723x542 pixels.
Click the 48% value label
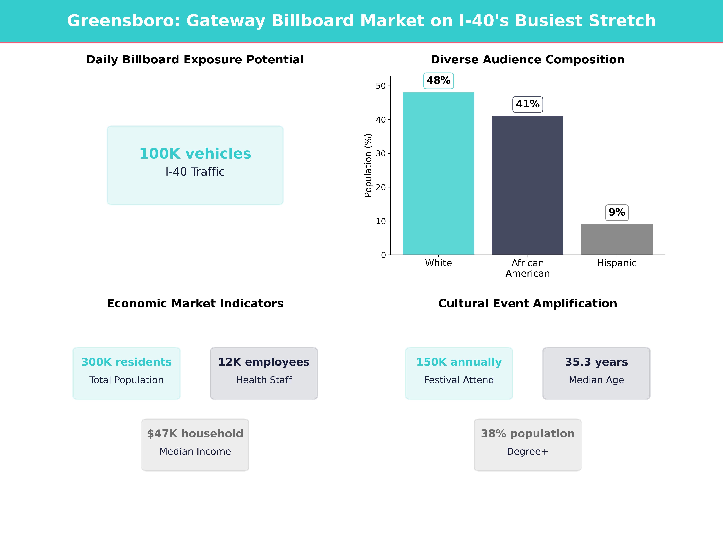438,80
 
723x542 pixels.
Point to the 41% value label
527,104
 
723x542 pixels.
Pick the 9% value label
617,212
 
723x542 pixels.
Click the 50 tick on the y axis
381,86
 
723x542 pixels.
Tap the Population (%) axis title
368,165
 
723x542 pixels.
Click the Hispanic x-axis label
617,263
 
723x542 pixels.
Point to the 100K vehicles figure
195,154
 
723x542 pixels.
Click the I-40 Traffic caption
195,172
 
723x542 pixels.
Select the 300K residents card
127,373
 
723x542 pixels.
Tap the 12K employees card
264,373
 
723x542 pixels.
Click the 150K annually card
459,373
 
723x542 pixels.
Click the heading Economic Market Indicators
195,304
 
